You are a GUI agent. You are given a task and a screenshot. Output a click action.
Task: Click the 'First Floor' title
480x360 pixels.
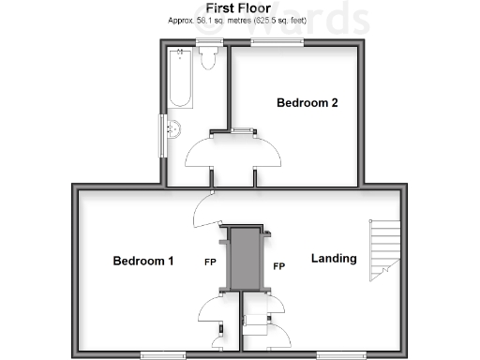[x=239, y=7]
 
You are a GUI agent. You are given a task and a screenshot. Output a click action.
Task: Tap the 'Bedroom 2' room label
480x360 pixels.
[x=307, y=104]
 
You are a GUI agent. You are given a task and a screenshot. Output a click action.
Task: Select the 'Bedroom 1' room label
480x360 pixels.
[x=143, y=261]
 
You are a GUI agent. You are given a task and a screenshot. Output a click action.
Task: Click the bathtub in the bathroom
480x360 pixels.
[x=180, y=79]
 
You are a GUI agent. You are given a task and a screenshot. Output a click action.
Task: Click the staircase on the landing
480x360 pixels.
[x=382, y=249]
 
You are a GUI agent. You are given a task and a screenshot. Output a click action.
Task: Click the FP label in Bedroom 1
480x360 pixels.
[x=211, y=262]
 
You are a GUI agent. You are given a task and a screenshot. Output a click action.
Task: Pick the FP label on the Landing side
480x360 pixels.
[x=278, y=267]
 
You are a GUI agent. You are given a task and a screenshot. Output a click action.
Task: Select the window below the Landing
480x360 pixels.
[x=337, y=354]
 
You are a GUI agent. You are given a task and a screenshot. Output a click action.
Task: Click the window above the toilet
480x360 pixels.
[x=210, y=41]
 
